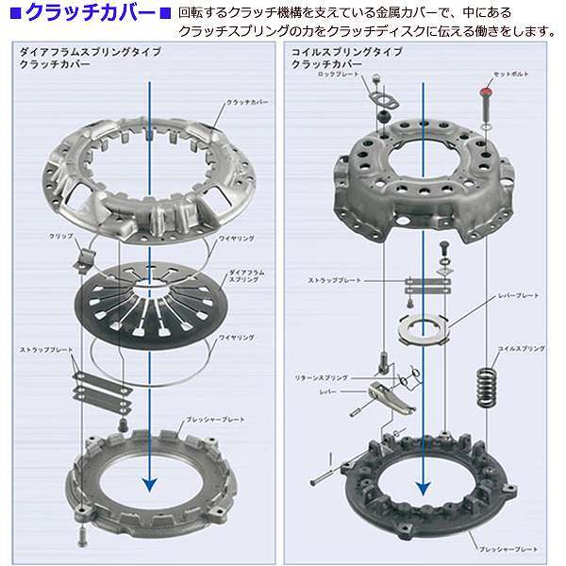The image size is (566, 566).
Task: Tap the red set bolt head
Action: coord(486,92)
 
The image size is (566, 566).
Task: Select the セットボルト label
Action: coord(510,74)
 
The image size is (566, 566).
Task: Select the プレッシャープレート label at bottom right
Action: coord(510,545)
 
